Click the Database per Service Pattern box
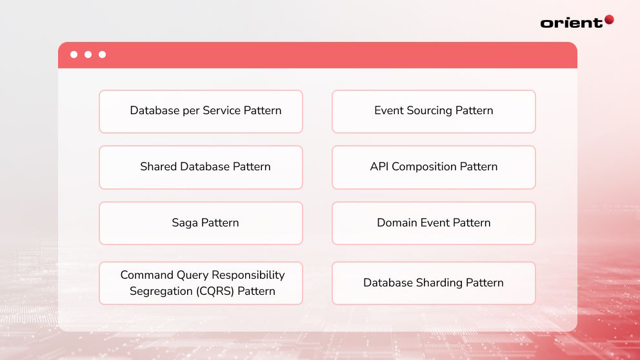[201, 112]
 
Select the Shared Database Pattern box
[201, 167]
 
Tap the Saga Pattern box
[201, 223]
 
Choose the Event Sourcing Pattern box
[434, 112]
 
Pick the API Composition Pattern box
[434, 167]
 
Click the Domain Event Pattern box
[434, 223]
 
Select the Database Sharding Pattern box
[434, 283]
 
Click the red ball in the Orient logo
[608, 20]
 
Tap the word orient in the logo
[571, 23]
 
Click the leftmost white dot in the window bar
[74, 55]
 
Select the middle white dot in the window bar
[88, 55]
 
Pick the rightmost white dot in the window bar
[102, 55]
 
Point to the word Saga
[185, 223]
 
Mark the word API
[379, 166]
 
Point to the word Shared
[158, 166]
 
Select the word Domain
[396, 223]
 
